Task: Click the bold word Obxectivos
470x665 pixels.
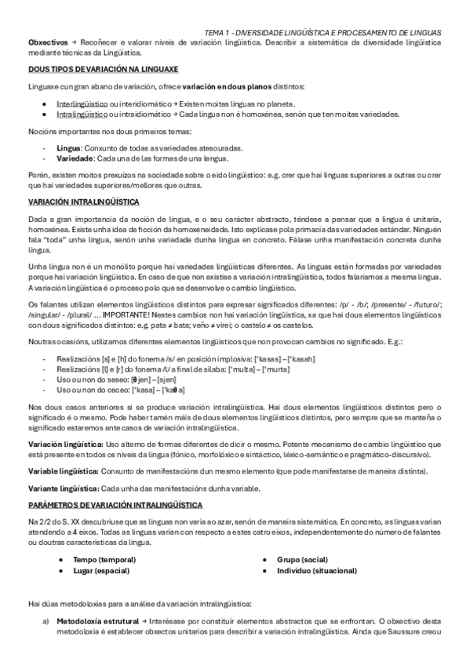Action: [x=46, y=41]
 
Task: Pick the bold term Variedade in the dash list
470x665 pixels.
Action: [x=75, y=158]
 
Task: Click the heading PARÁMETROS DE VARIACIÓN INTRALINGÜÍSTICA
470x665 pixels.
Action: [x=115, y=504]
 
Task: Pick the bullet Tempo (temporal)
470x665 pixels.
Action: [x=104, y=559]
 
